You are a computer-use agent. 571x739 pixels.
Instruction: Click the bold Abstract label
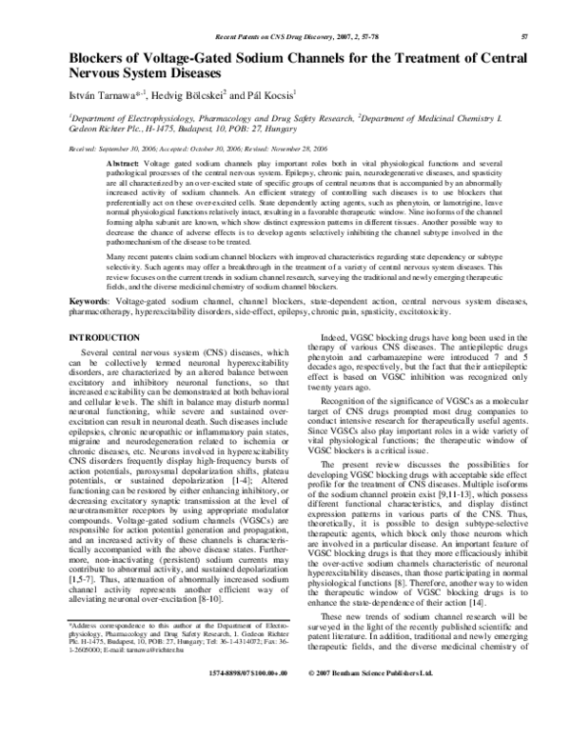tap(122, 165)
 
